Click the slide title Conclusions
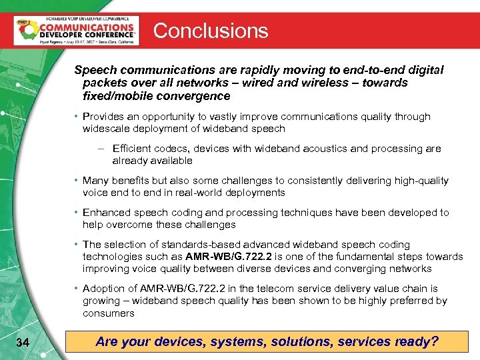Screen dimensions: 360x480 click(x=211, y=31)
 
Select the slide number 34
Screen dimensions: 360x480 click(x=22, y=343)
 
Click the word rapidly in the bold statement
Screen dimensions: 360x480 click(x=261, y=70)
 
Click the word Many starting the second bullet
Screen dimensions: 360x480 click(x=95, y=181)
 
